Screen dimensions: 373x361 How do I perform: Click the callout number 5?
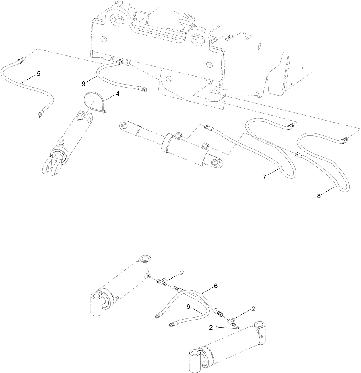(x=38, y=74)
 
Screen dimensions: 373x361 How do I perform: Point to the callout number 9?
(x=84, y=84)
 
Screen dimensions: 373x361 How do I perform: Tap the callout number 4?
(x=117, y=94)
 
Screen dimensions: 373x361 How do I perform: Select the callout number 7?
(x=264, y=177)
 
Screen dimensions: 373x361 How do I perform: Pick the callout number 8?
(x=319, y=196)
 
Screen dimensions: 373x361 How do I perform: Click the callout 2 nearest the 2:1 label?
(x=253, y=309)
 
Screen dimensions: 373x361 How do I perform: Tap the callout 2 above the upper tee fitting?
(x=182, y=273)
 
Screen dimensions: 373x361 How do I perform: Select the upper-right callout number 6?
(x=216, y=286)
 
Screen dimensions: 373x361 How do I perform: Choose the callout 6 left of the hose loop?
(x=189, y=307)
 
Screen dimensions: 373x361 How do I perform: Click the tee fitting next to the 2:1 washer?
(x=231, y=321)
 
